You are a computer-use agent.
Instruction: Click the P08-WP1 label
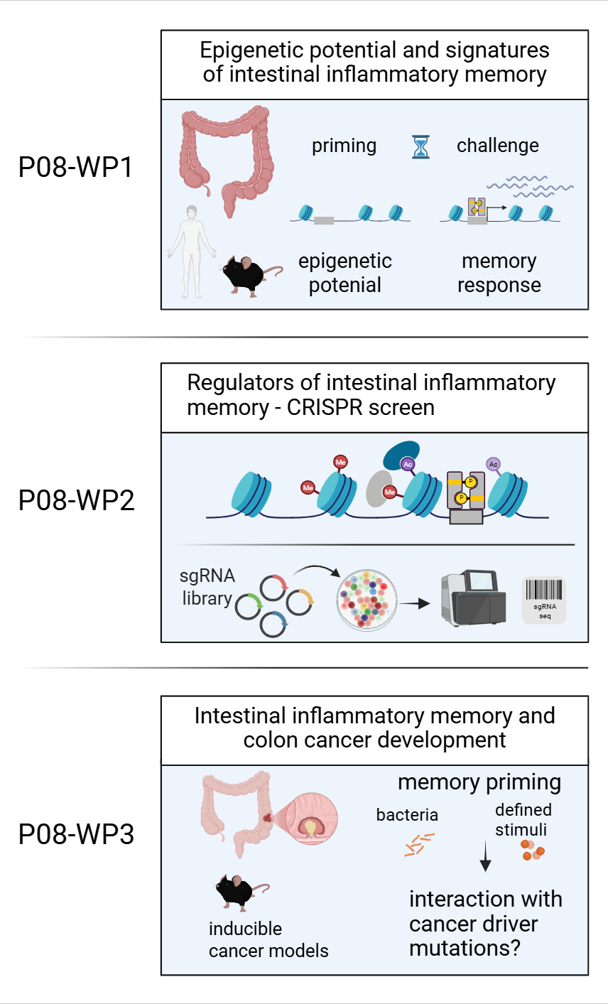(x=75, y=168)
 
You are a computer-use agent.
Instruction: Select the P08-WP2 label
(x=76, y=500)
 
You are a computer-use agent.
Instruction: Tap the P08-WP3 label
(x=76, y=834)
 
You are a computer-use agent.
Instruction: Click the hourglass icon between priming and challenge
(x=421, y=146)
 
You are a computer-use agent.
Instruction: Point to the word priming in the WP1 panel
(x=344, y=146)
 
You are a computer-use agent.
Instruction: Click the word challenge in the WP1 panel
(x=497, y=146)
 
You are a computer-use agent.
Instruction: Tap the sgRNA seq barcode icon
(x=544, y=599)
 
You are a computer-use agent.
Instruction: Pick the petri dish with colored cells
(x=367, y=600)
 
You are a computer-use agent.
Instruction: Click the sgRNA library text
(x=207, y=587)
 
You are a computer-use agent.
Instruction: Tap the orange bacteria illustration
(x=418, y=843)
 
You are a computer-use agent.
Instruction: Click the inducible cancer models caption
(x=268, y=939)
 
